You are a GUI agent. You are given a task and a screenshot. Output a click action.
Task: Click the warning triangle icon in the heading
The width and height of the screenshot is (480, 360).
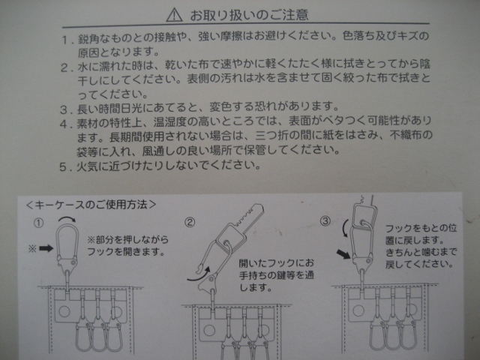pos(174,15)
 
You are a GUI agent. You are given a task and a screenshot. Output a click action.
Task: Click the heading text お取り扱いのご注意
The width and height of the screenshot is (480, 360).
pos(249,15)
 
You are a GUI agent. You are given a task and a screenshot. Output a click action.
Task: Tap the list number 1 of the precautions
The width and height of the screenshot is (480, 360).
pos(64,40)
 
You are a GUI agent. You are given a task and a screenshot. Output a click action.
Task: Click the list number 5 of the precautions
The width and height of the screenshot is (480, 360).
pos(63,167)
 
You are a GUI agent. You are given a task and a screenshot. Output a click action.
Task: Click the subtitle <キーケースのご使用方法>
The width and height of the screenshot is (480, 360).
pos(91,205)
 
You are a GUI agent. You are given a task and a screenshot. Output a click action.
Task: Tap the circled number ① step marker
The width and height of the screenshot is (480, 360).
pos(38,223)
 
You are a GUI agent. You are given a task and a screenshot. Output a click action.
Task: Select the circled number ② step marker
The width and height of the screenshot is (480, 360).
pos(190,222)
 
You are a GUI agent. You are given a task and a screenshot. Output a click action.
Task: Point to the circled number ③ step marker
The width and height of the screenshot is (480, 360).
pos(325,220)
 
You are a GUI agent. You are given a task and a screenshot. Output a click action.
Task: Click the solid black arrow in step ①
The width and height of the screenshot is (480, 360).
pos(46,248)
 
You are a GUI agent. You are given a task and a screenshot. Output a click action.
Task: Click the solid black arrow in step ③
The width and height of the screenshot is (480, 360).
pos(343,254)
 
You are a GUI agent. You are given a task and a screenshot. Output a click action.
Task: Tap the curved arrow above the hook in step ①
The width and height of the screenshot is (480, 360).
pos(67,218)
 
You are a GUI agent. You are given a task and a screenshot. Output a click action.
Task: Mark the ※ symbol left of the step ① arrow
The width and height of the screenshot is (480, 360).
pos(32,248)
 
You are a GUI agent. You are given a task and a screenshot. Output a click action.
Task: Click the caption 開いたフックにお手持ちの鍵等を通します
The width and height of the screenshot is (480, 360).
pos(277,275)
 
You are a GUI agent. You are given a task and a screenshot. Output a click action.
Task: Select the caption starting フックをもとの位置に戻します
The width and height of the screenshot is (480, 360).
pos(421,246)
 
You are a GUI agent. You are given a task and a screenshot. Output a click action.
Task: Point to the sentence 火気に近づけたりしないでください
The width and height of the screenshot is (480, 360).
pos(168,166)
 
